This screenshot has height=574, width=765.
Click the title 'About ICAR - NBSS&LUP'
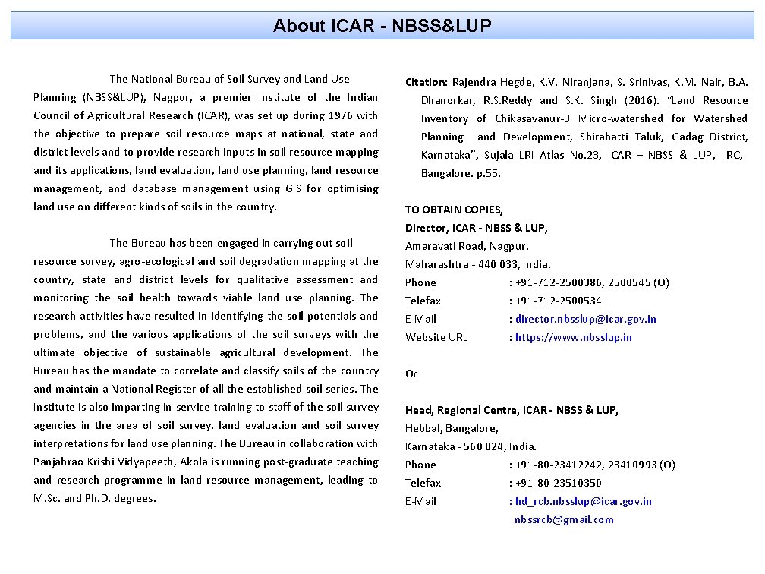(x=382, y=26)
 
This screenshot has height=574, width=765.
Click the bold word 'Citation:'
(x=427, y=82)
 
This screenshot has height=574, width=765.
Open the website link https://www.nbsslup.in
(x=574, y=337)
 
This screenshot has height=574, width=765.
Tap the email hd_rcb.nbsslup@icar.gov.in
(x=583, y=501)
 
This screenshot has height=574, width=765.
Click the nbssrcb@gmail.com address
(x=564, y=519)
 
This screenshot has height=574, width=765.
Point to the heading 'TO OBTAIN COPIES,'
(x=454, y=210)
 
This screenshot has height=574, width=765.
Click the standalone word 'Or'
(x=411, y=374)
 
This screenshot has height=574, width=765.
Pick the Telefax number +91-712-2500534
(x=559, y=301)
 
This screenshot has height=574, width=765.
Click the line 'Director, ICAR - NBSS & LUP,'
(x=476, y=228)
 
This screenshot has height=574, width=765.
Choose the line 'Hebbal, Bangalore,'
(x=452, y=428)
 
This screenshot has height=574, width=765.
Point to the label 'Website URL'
(x=436, y=337)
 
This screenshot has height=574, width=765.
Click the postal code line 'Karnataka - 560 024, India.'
(x=471, y=446)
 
